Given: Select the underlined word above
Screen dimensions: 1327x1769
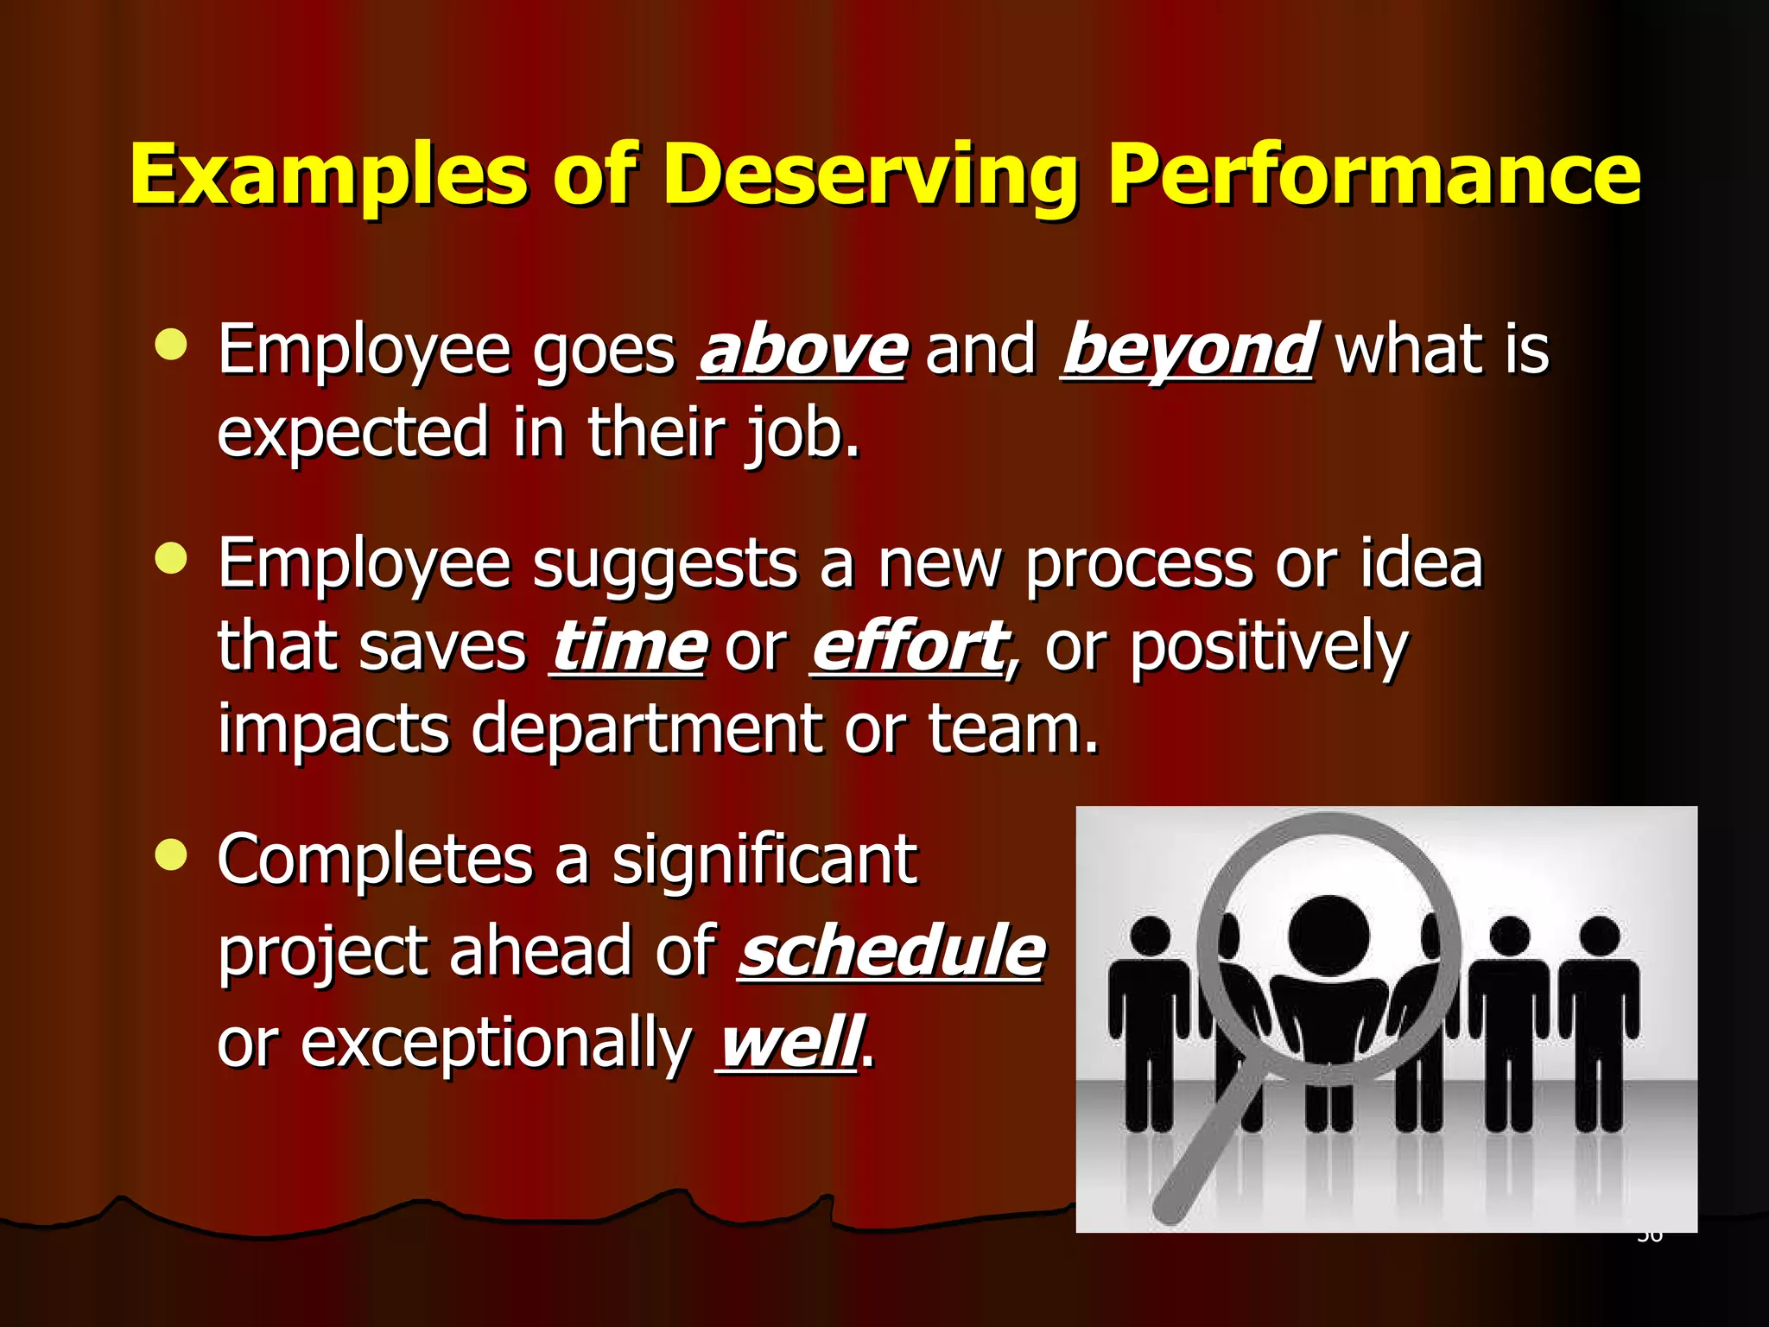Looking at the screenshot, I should [x=802, y=350].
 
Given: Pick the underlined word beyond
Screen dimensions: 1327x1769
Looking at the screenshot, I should [x=1188, y=350].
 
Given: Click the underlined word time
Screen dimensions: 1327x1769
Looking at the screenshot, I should [x=628, y=647].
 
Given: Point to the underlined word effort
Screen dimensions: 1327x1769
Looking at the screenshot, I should [x=909, y=647].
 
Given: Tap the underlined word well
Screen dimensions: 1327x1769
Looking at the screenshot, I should [x=788, y=1043].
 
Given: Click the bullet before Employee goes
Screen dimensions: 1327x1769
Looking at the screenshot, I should [x=171, y=345].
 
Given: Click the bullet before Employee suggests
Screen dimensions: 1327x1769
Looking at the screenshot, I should [x=171, y=558].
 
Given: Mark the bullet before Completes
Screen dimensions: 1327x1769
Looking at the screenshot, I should [x=171, y=855].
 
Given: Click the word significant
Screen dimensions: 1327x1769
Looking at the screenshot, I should [x=764, y=860].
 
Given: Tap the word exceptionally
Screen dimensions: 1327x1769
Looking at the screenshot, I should [x=496, y=1043].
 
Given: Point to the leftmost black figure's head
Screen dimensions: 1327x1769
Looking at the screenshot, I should [x=1150, y=937].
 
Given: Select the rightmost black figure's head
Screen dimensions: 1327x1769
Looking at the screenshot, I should [x=1599, y=937].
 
